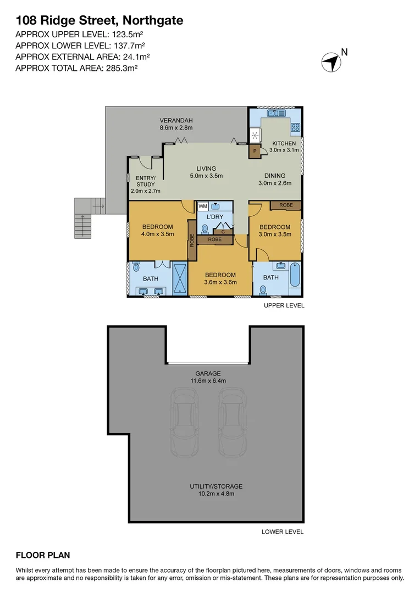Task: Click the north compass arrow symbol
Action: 331,61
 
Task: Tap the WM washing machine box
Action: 202,206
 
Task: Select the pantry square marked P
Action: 255,150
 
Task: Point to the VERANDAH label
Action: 176,120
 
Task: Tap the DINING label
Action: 274,176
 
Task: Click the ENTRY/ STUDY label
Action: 146,181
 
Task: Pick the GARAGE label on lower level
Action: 206,373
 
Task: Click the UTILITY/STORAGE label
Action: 216,486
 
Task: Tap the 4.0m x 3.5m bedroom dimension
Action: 158,234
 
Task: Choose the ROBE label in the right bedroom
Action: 286,205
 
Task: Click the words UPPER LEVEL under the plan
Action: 284,305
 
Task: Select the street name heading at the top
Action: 100,21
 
